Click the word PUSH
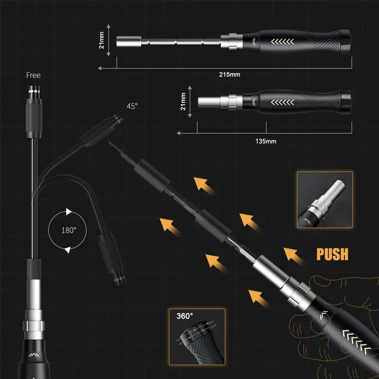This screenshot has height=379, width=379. [x=332, y=254]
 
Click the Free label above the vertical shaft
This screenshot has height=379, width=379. [x=34, y=75]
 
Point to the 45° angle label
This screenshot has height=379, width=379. [x=132, y=106]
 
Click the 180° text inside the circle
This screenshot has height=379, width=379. [x=69, y=230]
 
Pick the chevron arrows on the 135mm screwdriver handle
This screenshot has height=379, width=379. [x=282, y=101]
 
